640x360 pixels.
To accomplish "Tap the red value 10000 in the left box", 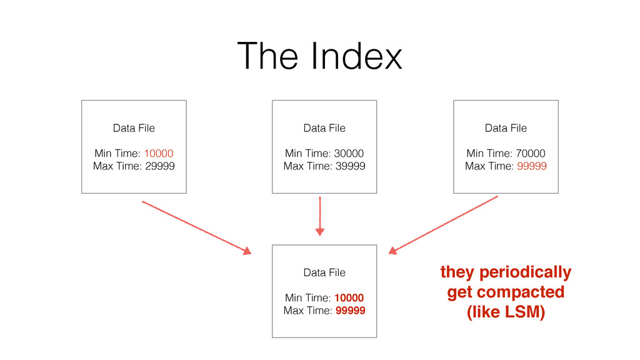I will (x=159, y=154).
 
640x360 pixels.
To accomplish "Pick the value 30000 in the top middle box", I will (x=349, y=154).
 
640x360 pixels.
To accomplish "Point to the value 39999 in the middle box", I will (x=349, y=166).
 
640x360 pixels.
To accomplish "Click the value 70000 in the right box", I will (x=531, y=154).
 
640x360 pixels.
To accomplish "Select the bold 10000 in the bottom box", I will (x=349, y=298).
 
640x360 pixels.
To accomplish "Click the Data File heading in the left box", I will (x=134, y=128).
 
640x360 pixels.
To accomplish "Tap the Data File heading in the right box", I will (x=506, y=128).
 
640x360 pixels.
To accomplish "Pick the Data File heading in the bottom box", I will (x=324, y=272).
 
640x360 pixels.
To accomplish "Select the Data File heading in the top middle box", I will (x=324, y=128).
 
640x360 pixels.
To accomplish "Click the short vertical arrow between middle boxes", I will (x=320, y=216).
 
